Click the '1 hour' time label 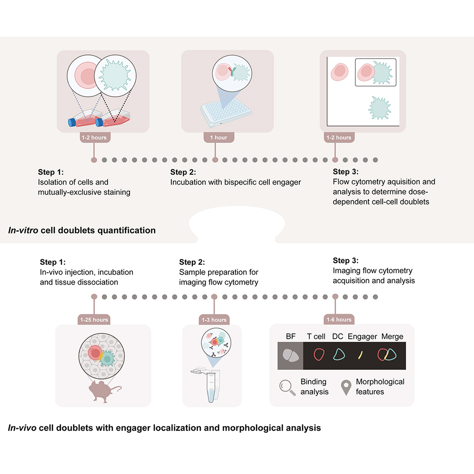coord(218,138)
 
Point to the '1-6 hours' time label coord(338,320)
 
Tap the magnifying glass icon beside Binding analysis coord(287,387)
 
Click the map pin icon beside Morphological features coord(346,387)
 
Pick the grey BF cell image coord(290,355)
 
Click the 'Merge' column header coord(392,336)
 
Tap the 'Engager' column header coord(362,336)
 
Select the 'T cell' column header coord(316,336)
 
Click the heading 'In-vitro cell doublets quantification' coord(82,230)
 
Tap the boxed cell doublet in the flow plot coord(376,72)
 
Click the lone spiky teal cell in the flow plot coord(380,107)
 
